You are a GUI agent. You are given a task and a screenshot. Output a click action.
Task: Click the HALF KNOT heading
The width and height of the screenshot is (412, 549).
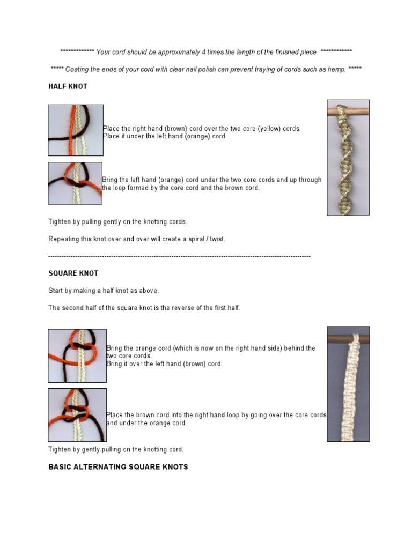tap(68, 86)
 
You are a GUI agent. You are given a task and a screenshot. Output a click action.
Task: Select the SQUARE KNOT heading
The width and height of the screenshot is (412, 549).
tap(73, 273)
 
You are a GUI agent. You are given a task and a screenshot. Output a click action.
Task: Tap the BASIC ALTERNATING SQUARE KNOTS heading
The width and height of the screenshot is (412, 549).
tap(118, 467)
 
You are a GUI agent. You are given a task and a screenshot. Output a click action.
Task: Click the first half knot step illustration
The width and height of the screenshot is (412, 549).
tap(76, 130)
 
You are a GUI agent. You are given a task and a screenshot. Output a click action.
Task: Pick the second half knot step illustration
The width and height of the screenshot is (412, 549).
tap(75, 183)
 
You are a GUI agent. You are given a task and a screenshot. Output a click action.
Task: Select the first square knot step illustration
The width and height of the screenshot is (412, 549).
tap(77, 355)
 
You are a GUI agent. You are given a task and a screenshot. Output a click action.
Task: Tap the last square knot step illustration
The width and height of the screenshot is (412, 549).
tap(77, 415)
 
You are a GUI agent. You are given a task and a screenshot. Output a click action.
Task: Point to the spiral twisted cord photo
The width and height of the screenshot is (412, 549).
tap(348, 158)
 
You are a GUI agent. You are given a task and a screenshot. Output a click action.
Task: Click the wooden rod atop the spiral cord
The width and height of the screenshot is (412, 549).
tap(348, 110)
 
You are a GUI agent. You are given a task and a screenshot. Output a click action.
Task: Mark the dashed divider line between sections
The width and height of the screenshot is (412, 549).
tap(180, 257)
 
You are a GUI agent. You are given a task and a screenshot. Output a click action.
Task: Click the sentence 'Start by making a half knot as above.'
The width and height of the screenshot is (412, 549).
tap(104, 291)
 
